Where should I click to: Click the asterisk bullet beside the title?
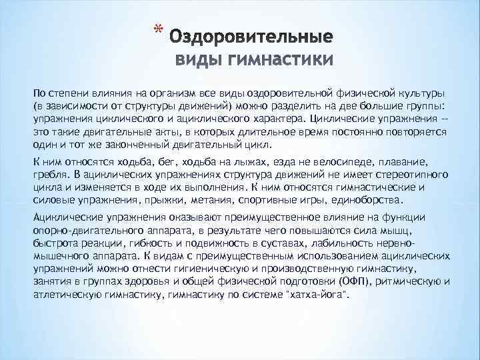pyautogui.click(x=157, y=30)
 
